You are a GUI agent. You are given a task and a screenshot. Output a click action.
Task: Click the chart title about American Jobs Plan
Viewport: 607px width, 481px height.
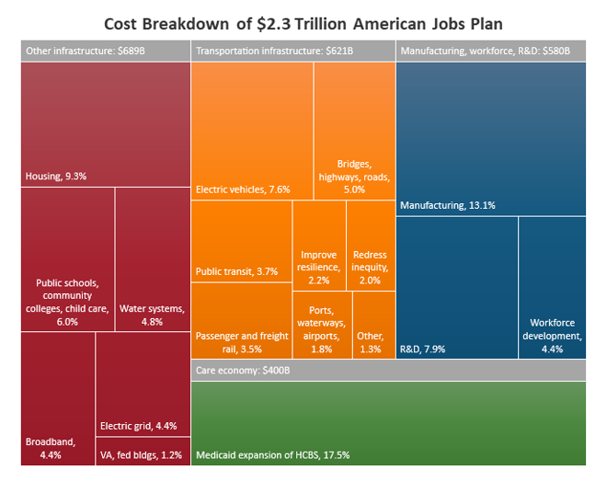point(303,22)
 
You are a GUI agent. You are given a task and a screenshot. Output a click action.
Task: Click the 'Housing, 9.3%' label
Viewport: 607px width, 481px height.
point(55,176)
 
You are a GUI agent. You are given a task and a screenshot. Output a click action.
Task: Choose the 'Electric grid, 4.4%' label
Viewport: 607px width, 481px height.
point(138,426)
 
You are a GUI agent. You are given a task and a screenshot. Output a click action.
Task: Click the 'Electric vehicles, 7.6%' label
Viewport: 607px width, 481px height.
point(243,189)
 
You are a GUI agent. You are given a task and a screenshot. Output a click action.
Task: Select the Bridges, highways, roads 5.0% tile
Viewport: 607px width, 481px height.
point(354,138)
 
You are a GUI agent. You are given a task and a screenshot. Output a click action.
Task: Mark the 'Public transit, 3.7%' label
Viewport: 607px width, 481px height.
point(236,271)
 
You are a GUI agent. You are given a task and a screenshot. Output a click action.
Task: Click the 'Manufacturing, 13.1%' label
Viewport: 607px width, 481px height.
point(447,205)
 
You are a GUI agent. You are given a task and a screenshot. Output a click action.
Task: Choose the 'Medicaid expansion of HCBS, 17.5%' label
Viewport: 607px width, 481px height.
point(272,454)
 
